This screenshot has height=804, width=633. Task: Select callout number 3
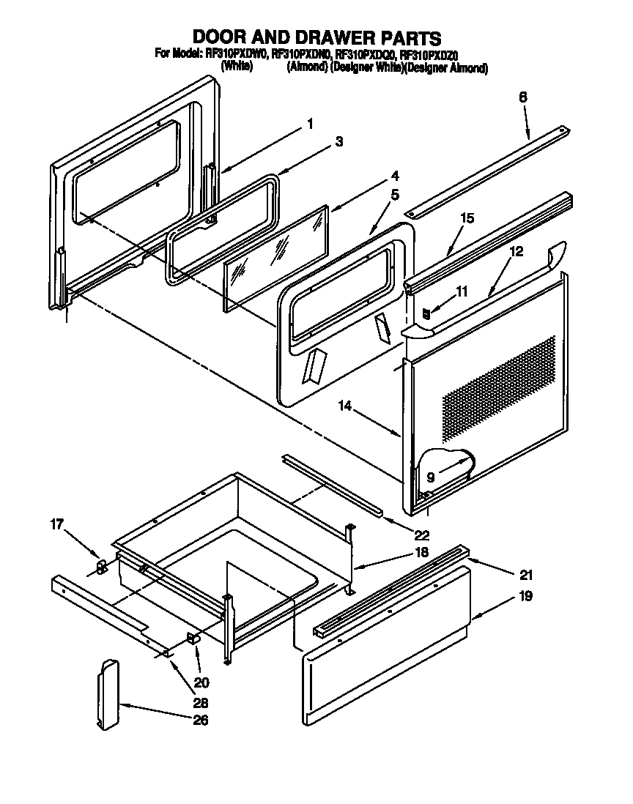(338, 142)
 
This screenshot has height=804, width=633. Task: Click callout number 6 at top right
(523, 97)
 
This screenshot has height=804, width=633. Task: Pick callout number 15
(467, 218)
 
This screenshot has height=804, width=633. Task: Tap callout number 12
(517, 251)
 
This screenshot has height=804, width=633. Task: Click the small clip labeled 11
(426, 313)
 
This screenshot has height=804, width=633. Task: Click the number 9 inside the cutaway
(431, 477)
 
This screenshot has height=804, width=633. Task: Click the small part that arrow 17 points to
(102, 566)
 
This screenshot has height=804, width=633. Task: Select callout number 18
(421, 554)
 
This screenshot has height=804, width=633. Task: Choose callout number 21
(527, 575)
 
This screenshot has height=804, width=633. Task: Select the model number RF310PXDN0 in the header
(302, 53)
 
